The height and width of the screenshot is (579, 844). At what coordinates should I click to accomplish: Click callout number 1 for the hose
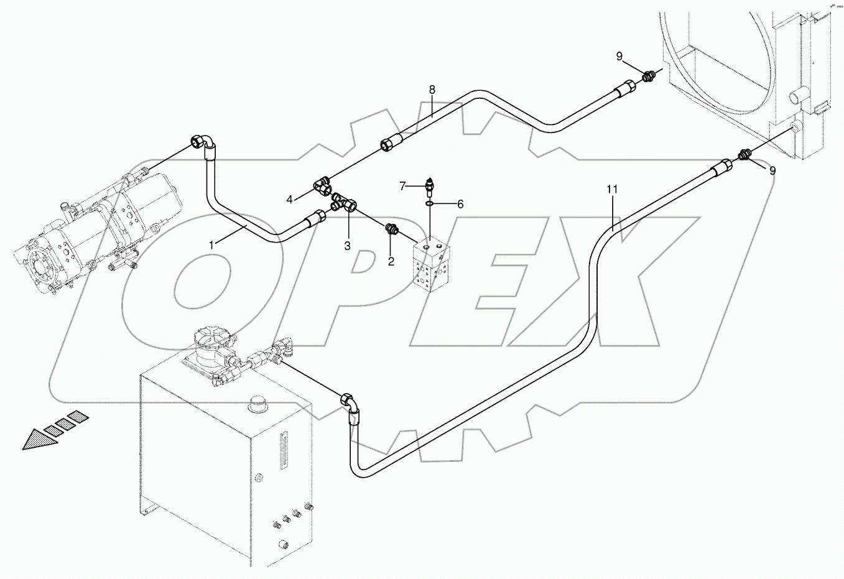(211, 245)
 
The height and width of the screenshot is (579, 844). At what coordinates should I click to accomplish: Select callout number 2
(391, 261)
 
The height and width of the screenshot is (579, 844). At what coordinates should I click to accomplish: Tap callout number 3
(348, 246)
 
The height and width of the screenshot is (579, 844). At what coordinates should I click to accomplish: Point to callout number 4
(290, 200)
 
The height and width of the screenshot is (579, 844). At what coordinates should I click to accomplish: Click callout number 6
(460, 203)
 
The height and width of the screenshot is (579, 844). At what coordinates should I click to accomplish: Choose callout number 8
(432, 90)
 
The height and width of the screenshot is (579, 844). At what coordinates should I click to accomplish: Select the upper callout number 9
(619, 57)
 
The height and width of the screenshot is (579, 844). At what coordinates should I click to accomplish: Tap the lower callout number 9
(772, 171)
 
